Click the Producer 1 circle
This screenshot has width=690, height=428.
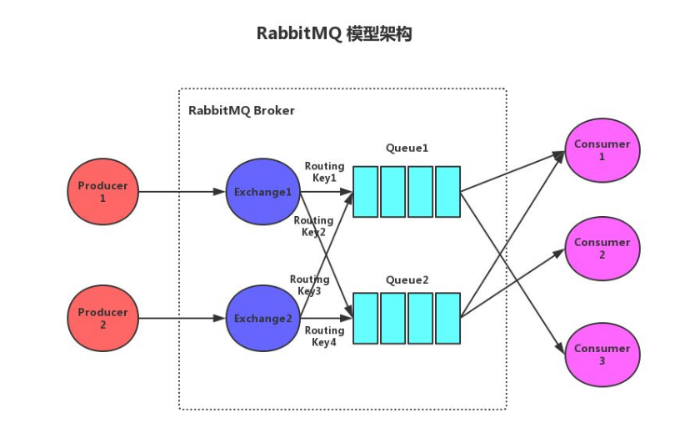102,192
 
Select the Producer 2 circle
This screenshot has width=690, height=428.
102,318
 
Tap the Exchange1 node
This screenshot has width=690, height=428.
262,192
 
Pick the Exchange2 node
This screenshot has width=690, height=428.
262,318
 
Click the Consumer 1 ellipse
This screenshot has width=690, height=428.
602,150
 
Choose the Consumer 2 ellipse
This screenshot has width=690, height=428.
602,249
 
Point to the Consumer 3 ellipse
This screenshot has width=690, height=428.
602,355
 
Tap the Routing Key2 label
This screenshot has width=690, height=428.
313,226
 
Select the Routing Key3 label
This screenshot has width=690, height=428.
309,285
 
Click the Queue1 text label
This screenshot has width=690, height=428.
407,149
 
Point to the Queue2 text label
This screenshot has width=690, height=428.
407,280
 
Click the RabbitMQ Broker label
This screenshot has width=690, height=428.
241,110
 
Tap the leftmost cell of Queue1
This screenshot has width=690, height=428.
366,192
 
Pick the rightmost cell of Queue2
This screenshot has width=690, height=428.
447,318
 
